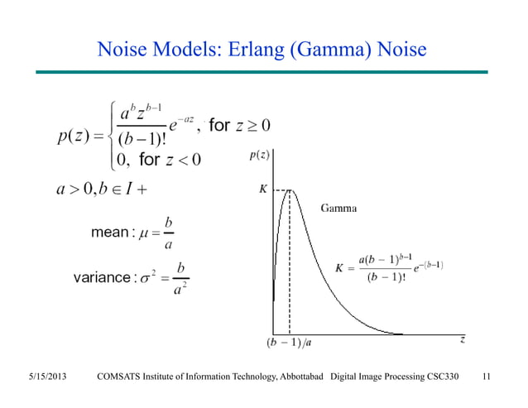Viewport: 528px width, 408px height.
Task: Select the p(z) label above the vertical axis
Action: coord(259,155)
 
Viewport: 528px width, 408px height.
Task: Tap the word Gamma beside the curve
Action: coord(338,208)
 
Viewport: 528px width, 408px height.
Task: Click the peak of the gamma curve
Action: coord(289,190)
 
